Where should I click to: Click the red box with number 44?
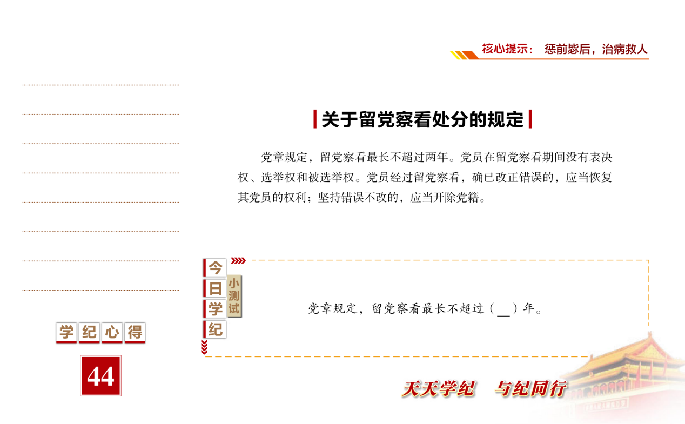pos(100,375)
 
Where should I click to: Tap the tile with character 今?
pos(214,268)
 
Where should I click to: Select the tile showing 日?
pos(214,288)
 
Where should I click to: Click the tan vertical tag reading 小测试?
pos(234,296)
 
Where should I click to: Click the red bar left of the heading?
pos(315,119)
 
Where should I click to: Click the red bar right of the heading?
pos(530,119)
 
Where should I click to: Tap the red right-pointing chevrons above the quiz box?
pos(238,260)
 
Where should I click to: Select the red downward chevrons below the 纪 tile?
pos(204,347)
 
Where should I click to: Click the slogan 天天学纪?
pos(439,389)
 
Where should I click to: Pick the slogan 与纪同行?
pos(531,389)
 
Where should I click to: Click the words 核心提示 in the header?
pos(505,49)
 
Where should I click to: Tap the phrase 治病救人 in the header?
pos(624,49)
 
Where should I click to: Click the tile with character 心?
pos(112,332)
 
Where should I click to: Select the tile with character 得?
pos(135,332)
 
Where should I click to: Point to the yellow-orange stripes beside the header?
pos(464,55)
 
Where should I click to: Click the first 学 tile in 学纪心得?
pos(66,332)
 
